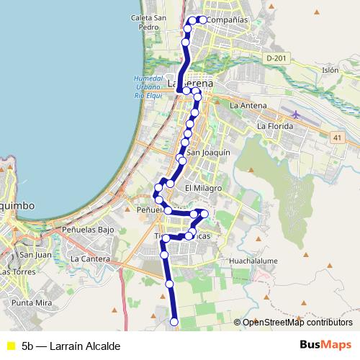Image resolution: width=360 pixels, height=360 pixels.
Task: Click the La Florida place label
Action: pos(274,126)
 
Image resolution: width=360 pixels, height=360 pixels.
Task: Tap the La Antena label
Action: pos(248,106)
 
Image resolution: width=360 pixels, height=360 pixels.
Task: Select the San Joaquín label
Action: pos(208,153)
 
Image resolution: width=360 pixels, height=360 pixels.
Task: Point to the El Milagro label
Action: pos(202,188)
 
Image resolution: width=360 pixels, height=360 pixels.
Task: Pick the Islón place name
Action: pos(330,71)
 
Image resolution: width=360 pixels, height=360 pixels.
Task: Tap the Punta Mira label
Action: pos(32,304)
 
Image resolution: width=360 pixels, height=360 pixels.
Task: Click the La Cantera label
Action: pos(90,258)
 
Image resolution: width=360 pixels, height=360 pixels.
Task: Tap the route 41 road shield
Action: pos(338,136)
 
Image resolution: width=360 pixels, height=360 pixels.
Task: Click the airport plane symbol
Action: pos(297,114)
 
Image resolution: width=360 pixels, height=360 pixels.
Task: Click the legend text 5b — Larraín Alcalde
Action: pos(71,346)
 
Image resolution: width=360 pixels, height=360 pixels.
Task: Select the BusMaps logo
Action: pos(325,345)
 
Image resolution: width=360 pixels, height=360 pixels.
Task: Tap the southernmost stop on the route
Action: pos(174,322)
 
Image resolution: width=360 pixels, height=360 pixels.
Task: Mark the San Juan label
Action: pos(35,254)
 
